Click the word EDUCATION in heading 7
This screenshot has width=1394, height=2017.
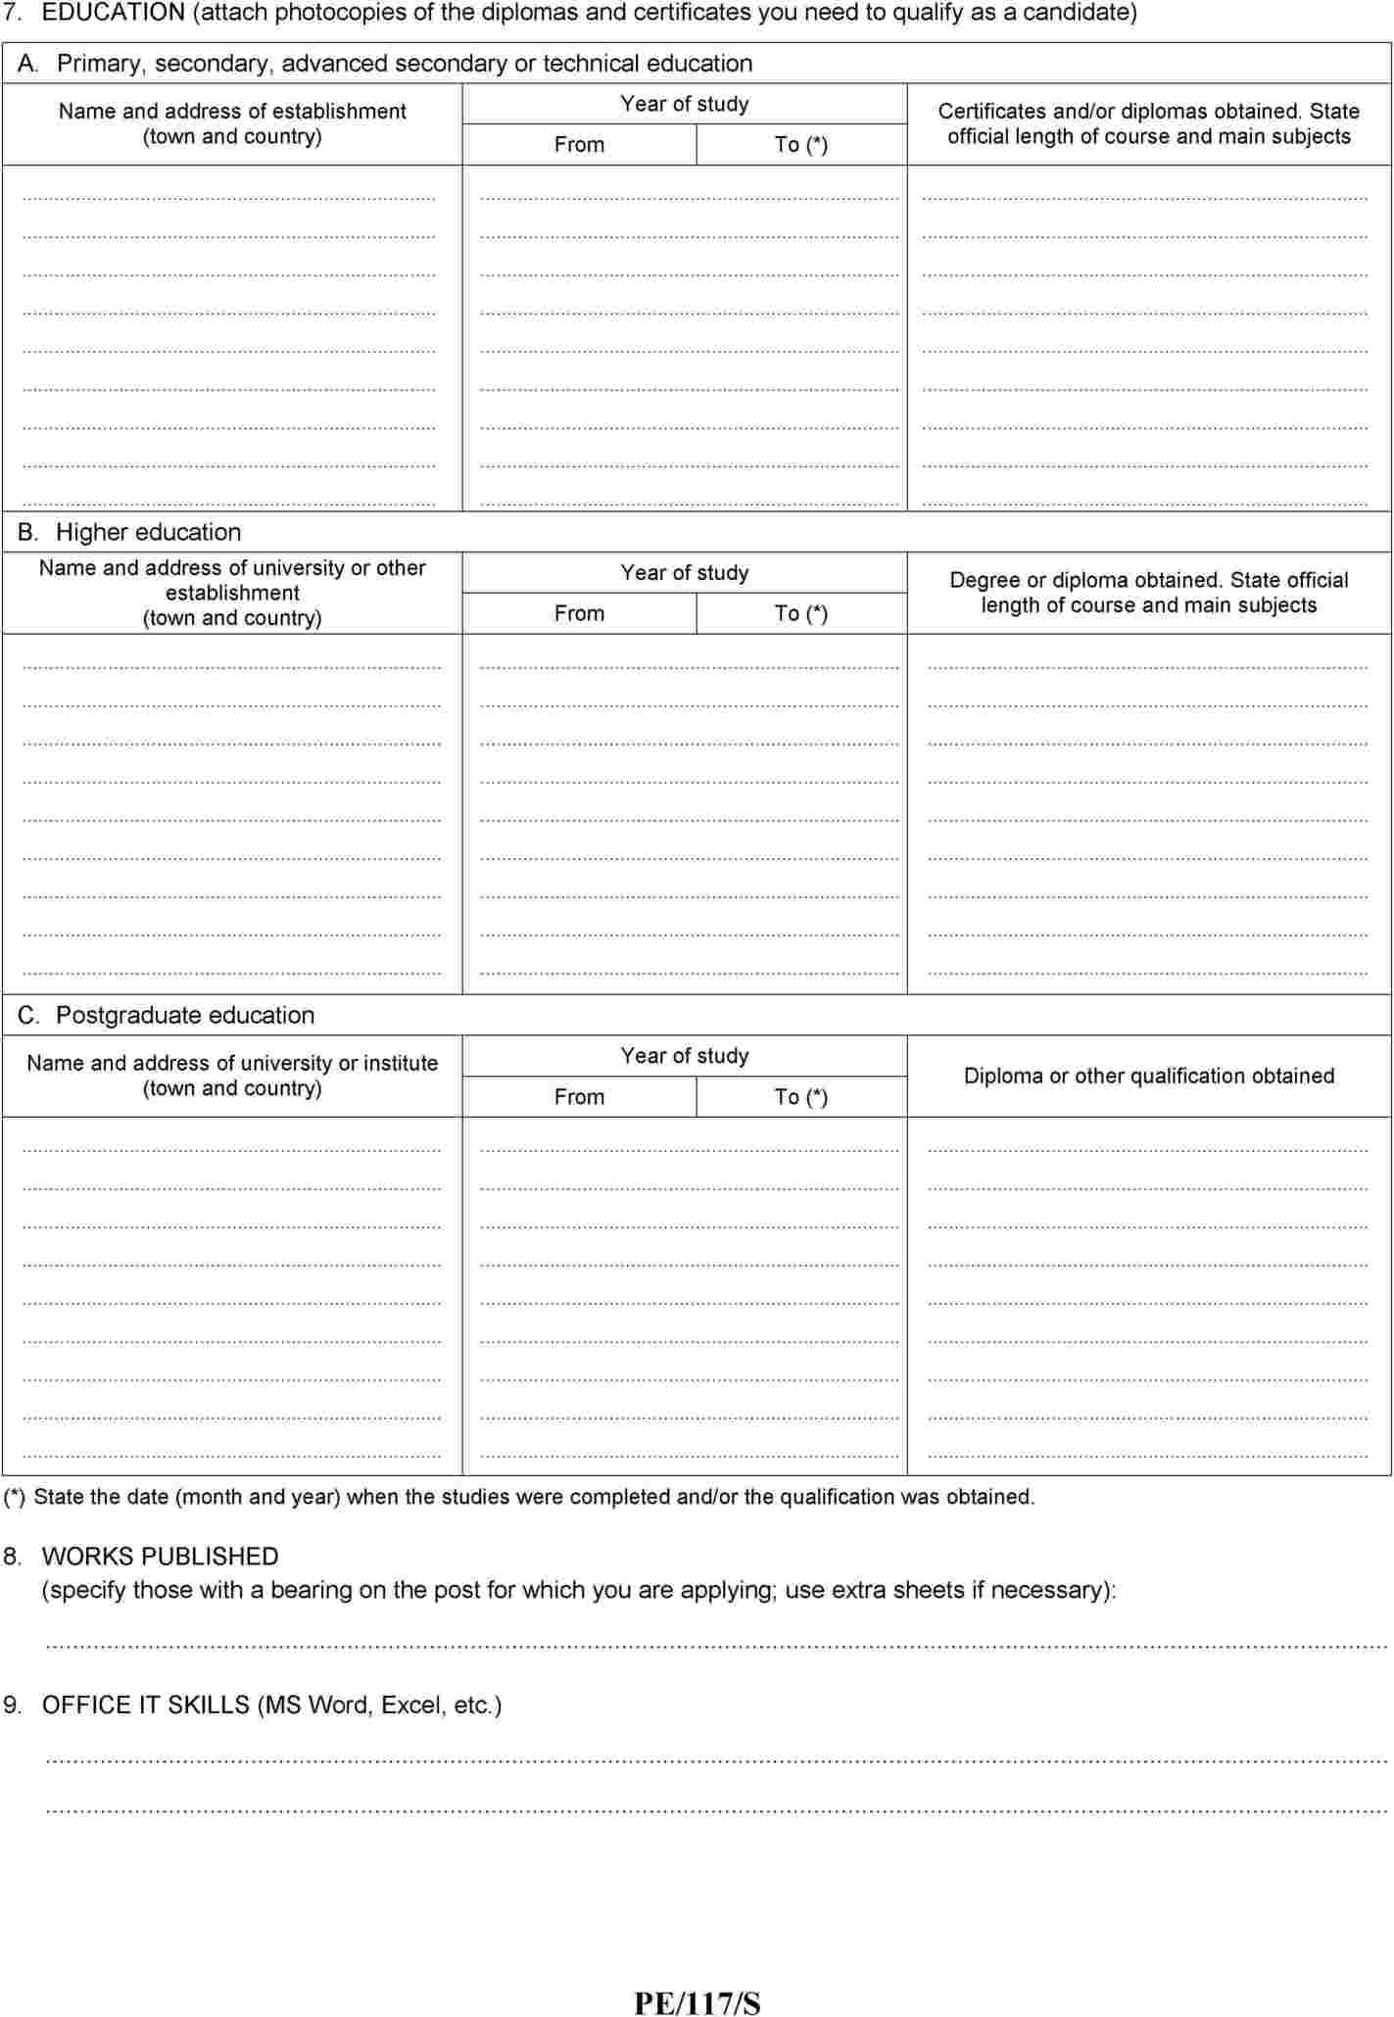pos(113,13)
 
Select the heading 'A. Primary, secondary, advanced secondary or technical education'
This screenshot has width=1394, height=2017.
pos(385,64)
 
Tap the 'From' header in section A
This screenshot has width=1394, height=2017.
pos(579,145)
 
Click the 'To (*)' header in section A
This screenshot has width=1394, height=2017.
pos(800,145)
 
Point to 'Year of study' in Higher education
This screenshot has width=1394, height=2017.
pos(684,573)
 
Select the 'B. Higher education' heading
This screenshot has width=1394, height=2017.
pos(129,532)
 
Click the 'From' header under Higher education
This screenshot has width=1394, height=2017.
pos(579,614)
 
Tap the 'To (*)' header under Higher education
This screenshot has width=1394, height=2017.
pos(800,614)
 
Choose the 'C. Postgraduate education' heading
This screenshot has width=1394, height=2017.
pos(166,1015)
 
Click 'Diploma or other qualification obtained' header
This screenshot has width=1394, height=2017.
pos(1148,1076)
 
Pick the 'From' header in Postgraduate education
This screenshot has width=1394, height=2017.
pos(579,1097)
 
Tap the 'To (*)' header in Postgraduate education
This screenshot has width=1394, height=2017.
pos(800,1097)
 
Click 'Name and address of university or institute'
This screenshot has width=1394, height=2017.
pos(232,1063)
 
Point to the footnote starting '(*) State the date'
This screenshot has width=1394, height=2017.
pos(519,1497)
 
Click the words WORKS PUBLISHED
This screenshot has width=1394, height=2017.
pos(160,1557)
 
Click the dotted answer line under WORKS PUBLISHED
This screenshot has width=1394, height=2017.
pos(715,1647)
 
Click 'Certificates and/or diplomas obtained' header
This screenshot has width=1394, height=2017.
pos(1148,112)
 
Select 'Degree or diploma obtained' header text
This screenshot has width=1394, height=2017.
pos(1148,580)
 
